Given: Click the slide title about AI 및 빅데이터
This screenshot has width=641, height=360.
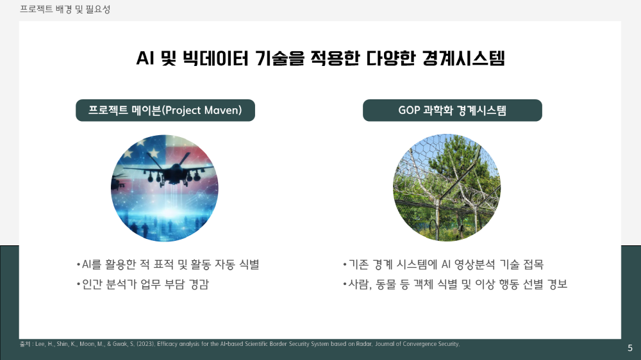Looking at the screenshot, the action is click(x=320, y=58).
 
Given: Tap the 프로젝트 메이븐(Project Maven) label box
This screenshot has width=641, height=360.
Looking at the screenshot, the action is click(x=165, y=110).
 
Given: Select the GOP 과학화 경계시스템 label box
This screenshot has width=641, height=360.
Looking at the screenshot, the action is click(x=452, y=110).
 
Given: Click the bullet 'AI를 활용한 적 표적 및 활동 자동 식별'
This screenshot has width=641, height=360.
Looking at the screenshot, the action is click(x=167, y=265).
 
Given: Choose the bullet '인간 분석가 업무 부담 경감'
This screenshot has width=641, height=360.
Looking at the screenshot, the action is click(x=143, y=284).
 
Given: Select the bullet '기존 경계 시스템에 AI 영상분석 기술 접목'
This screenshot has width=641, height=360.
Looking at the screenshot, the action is click(x=443, y=265).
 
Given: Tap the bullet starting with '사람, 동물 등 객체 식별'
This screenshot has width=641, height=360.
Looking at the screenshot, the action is click(x=455, y=284).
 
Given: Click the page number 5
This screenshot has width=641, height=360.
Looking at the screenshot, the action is click(x=630, y=348).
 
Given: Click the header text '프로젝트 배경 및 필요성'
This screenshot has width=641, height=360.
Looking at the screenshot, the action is click(x=65, y=9).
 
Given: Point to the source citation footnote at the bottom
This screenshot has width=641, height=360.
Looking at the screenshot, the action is click(x=240, y=344).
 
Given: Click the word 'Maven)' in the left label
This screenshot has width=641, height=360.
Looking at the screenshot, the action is click(x=229, y=110).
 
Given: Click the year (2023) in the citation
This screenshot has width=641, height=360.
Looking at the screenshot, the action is click(x=146, y=344).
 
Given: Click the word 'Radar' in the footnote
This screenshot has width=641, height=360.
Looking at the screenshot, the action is click(x=364, y=344).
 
